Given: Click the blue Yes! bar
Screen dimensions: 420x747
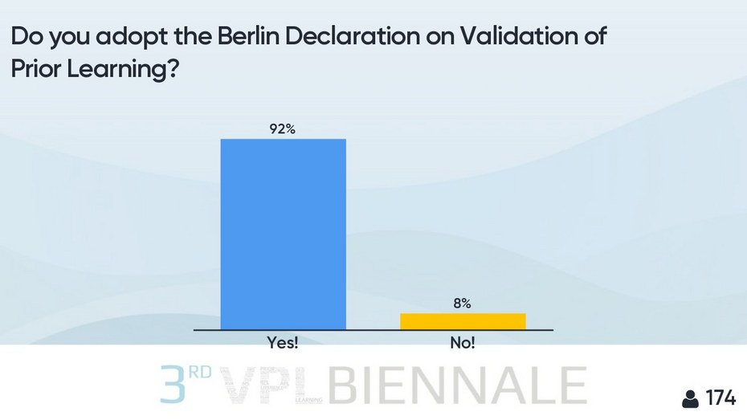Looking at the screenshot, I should click(x=283, y=234).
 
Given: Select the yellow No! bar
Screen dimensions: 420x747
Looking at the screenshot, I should click(x=463, y=320).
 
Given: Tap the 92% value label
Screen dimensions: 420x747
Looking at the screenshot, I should click(x=283, y=128).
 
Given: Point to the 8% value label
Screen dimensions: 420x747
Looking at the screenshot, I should click(x=463, y=303).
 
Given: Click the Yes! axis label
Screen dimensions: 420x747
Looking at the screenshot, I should click(x=283, y=344).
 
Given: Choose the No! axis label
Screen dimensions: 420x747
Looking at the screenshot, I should click(x=463, y=344).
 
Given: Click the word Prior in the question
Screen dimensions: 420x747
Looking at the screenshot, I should click(x=35, y=70).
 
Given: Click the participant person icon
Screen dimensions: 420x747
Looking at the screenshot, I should click(x=689, y=398).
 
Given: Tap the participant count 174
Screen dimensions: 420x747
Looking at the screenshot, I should click(x=720, y=398).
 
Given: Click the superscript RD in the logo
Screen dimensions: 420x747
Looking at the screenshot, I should click(x=202, y=373).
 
